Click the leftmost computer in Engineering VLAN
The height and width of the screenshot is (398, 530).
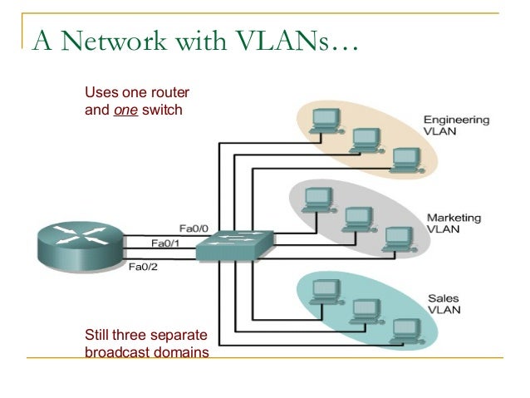(x=319, y=120)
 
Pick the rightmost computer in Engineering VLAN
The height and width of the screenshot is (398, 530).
(x=405, y=158)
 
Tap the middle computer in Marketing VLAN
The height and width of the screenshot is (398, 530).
(x=357, y=219)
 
